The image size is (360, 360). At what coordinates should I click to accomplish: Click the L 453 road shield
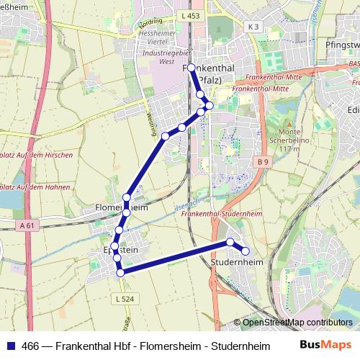[192, 15]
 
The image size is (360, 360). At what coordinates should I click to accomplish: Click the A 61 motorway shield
[27, 225]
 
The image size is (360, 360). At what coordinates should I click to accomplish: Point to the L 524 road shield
[123, 299]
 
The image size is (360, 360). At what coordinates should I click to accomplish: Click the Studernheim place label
[236, 264]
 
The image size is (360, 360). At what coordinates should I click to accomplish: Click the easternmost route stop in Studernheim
[246, 251]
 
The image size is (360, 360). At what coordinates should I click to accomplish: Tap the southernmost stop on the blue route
[120, 272]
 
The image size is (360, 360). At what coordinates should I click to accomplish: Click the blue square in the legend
[10, 346]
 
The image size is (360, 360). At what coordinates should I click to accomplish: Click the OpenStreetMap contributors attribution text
[297, 323]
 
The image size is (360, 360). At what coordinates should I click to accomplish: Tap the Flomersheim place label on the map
[121, 207]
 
